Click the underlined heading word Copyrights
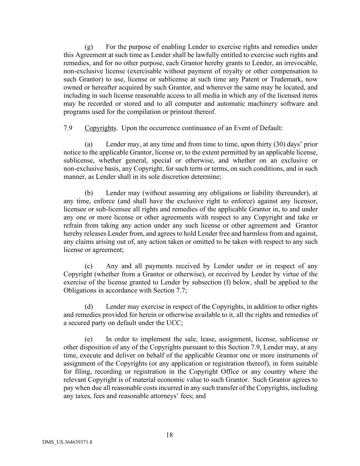(x=100, y=128)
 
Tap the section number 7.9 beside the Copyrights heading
(x=68, y=128)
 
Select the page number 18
(x=169, y=435)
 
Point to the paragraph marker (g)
(x=89, y=47)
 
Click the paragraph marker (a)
(x=89, y=144)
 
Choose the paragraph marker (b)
(x=89, y=193)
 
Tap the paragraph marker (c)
(x=89, y=266)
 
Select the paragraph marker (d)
(x=89, y=307)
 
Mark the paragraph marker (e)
(x=89, y=339)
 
